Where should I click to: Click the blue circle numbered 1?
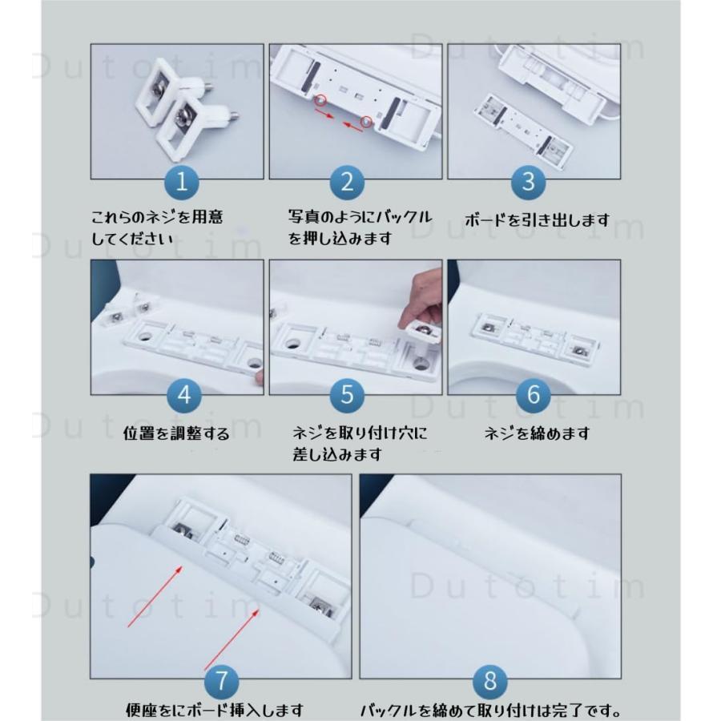[x=182, y=183]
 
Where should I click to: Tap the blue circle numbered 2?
[x=346, y=182]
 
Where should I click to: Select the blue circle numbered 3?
[x=528, y=182]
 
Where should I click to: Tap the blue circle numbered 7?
[x=222, y=683]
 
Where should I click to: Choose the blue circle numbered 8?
[x=491, y=683]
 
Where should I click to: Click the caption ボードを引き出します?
[x=537, y=219]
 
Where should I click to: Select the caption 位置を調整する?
[x=176, y=433]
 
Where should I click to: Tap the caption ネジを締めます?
[x=537, y=433]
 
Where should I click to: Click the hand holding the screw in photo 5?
[x=421, y=296]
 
